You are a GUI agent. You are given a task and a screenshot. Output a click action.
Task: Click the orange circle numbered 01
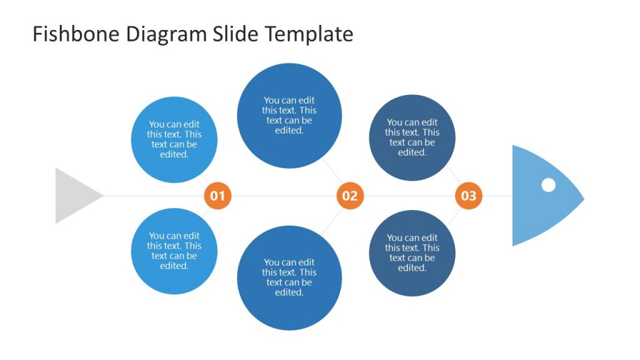coord(217,196)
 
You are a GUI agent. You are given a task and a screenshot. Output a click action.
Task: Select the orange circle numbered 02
coord(349,196)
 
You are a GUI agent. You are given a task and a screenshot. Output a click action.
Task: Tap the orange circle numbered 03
coord(468,196)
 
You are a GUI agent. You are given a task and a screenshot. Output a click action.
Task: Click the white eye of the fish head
coord(548,185)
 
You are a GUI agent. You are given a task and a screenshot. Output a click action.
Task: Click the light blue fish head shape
coord(537,212)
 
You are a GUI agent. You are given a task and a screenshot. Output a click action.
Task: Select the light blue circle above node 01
coord(174,139)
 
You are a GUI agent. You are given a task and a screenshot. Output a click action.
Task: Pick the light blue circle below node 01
coord(174,251)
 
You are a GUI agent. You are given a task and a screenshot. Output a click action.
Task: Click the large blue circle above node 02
coord(289,116)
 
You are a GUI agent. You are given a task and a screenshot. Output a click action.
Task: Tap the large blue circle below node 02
coord(289,278)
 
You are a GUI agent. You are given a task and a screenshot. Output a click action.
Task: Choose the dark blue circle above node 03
coord(412,137)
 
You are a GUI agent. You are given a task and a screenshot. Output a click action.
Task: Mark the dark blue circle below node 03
coord(412,253)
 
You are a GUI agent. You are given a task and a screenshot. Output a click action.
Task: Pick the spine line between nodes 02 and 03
coord(409,196)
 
